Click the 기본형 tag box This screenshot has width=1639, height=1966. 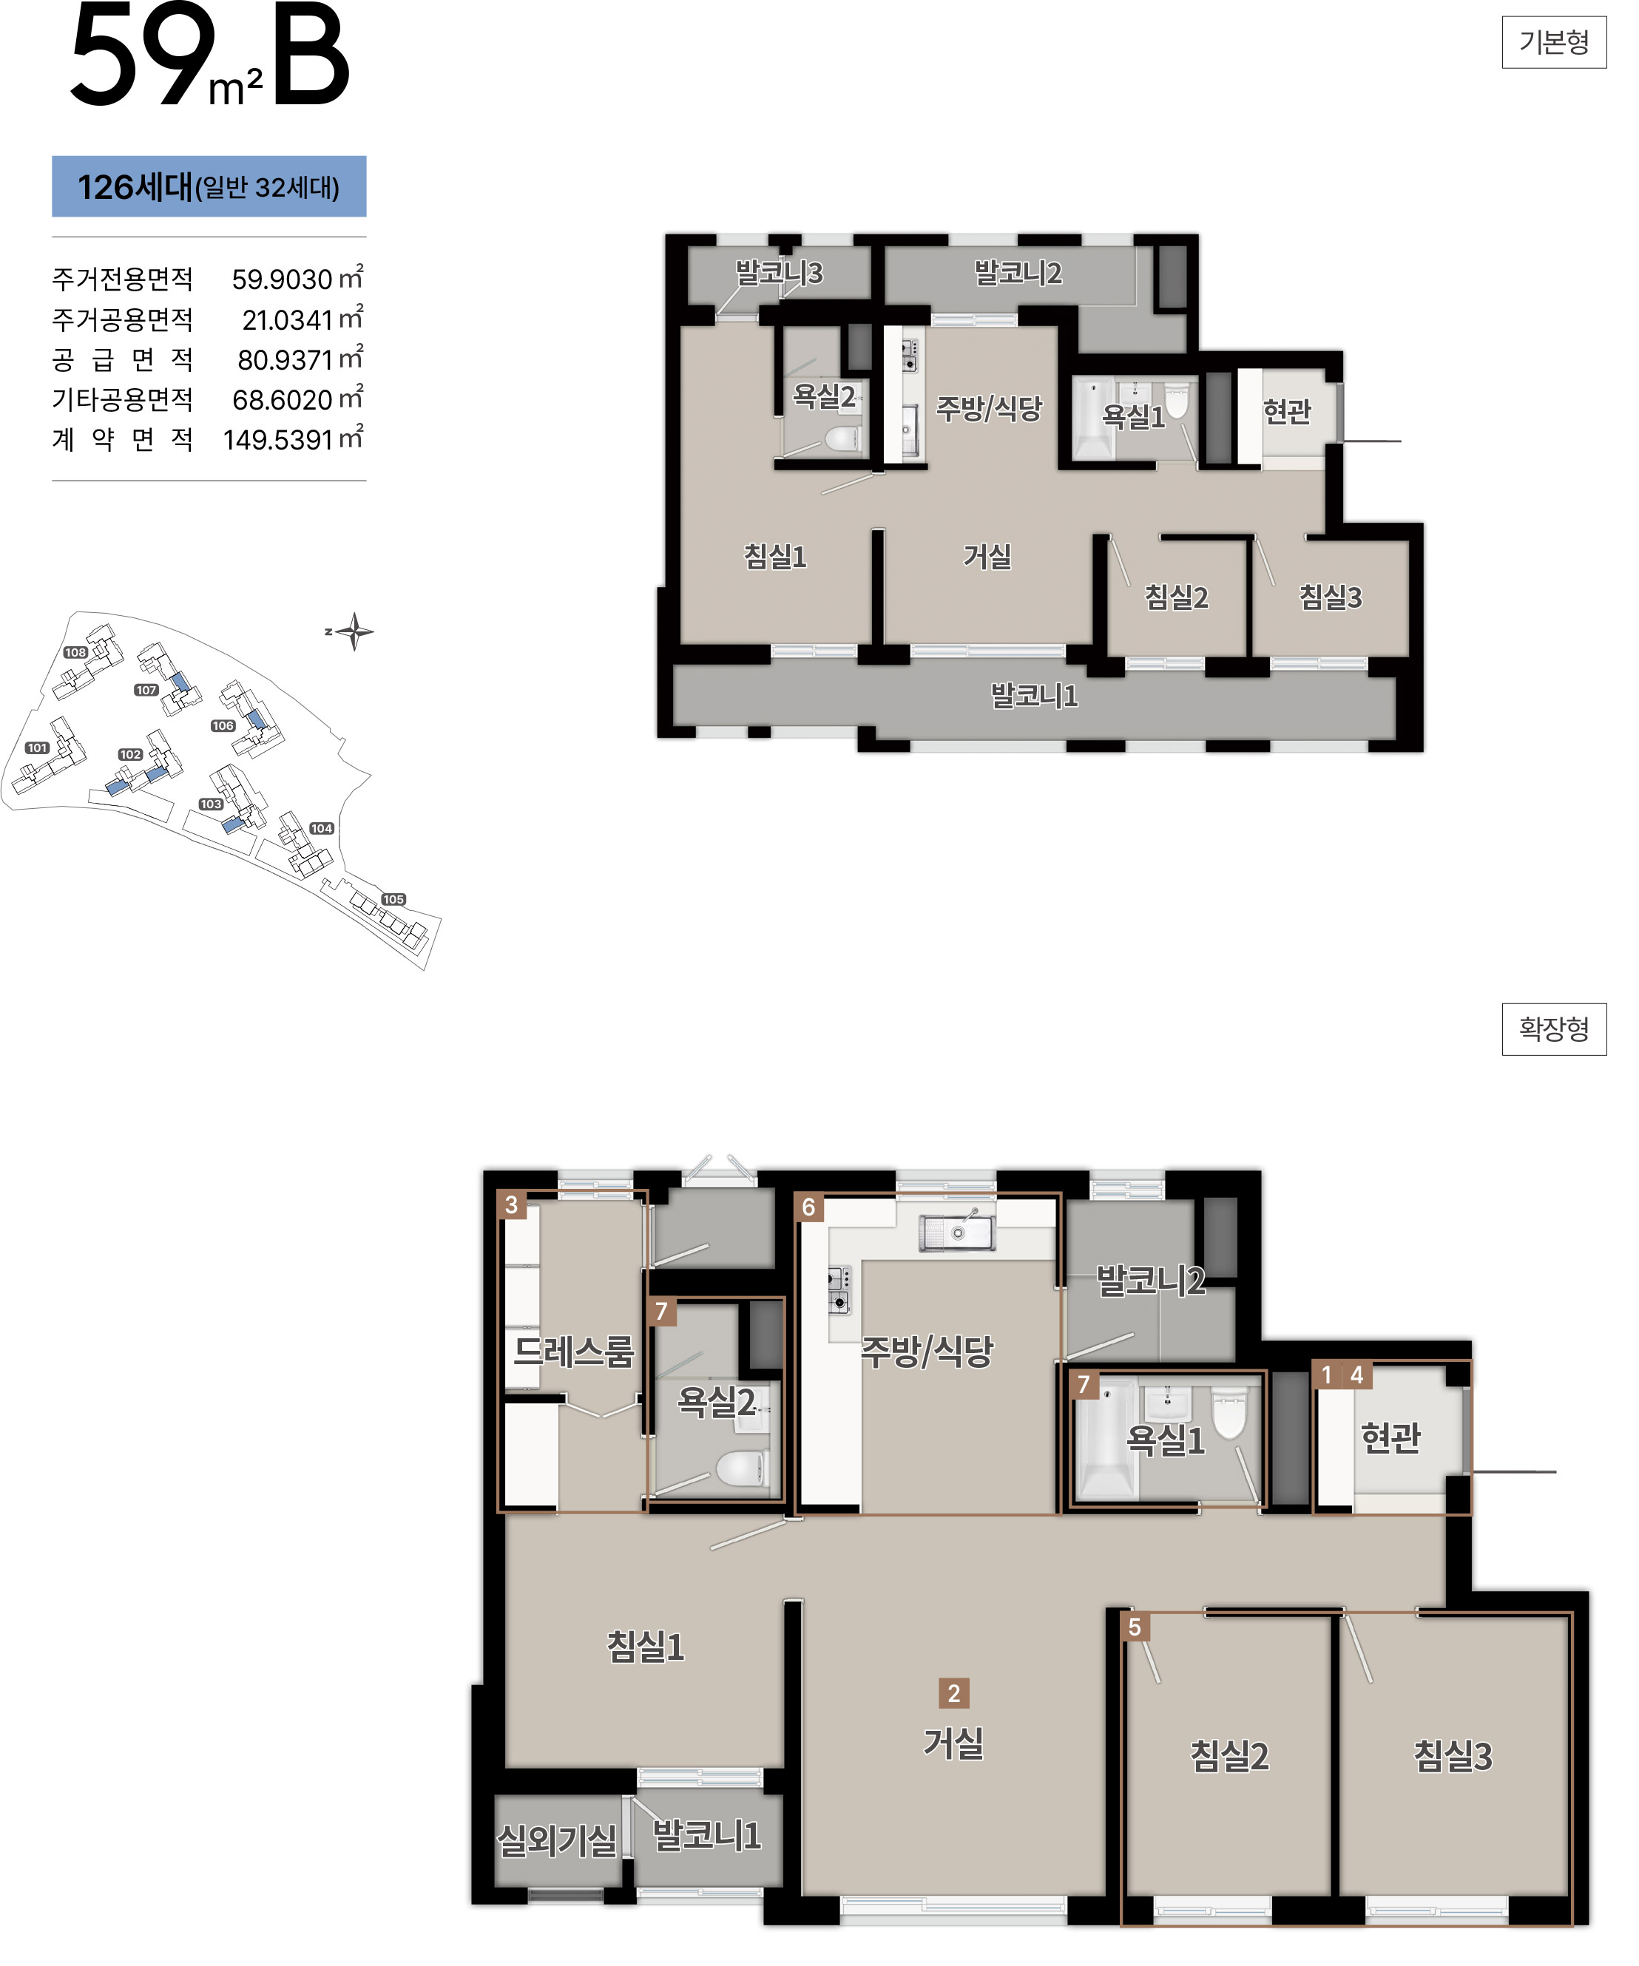tap(1554, 42)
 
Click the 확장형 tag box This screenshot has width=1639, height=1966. tap(1554, 1029)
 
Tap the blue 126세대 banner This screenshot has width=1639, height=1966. tap(209, 186)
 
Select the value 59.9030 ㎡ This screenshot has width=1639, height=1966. tap(297, 278)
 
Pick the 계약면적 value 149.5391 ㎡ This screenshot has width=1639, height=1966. tap(292, 438)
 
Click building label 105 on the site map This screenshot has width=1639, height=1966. tap(393, 899)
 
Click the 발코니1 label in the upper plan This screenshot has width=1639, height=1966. tap(1034, 696)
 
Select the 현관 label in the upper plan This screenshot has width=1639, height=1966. tap(1287, 410)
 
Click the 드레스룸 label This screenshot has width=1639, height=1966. tap(574, 1351)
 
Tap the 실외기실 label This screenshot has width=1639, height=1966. tap(556, 1840)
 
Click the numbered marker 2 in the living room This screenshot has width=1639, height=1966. tap(953, 1692)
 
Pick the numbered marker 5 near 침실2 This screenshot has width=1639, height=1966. tap(1134, 1627)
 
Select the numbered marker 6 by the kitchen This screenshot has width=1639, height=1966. tap(808, 1207)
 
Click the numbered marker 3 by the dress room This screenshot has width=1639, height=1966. tap(511, 1204)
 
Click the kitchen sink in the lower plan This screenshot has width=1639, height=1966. tap(956, 1232)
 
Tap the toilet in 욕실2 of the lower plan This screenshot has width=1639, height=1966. tap(743, 1468)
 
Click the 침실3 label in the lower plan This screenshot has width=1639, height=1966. tap(1453, 1755)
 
